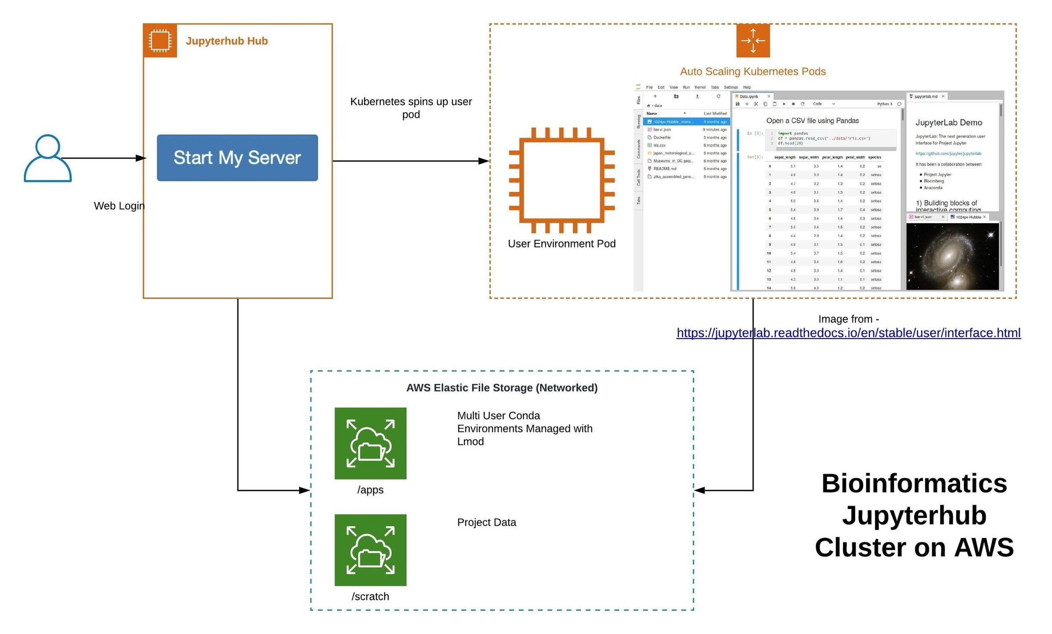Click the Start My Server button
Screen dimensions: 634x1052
(x=237, y=158)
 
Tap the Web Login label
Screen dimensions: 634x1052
(x=119, y=206)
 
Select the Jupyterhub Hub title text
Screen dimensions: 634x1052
(x=226, y=41)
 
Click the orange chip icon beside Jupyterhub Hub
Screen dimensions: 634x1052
(x=160, y=41)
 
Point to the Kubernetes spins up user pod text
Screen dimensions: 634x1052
(x=410, y=108)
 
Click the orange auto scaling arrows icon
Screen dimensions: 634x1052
(x=752, y=41)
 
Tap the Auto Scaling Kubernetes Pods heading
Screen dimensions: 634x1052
(x=752, y=71)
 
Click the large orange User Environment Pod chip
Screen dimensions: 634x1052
(x=561, y=180)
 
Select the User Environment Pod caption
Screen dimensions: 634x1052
(x=561, y=243)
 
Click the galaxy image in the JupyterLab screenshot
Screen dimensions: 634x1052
(x=952, y=256)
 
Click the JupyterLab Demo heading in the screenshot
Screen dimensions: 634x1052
(x=948, y=122)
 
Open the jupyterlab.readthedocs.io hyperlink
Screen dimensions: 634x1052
(x=848, y=333)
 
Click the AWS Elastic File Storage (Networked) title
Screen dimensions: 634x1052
(x=501, y=387)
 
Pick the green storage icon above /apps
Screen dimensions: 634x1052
(x=370, y=443)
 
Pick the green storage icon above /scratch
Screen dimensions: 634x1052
(x=370, y=549)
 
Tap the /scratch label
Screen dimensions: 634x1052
(x=370, y=596)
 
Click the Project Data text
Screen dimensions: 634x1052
(x=486, y=522)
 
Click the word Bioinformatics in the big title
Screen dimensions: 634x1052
(x=914, y=483)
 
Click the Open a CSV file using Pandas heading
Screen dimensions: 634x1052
(x=812, y=121)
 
